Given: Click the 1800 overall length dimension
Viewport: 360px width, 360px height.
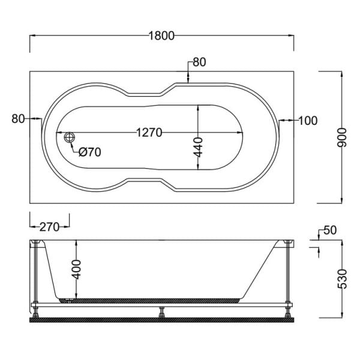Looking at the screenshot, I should point(161,35).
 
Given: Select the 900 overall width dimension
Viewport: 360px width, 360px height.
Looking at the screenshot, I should point(342,136).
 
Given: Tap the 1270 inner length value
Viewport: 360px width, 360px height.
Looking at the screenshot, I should point(149,133).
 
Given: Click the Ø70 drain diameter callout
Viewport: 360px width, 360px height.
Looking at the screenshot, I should point(89,152).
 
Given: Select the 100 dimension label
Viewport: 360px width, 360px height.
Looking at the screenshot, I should point(307,121).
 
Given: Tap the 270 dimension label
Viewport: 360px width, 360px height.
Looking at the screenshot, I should point(49,227).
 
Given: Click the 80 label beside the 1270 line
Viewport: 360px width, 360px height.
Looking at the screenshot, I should point(18,119).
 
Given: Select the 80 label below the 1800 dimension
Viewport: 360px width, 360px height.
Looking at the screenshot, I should point(199,62).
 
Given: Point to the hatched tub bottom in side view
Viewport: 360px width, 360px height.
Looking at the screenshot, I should point(156,298).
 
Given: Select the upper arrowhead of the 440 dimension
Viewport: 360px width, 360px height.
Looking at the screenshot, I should point(199,107).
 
